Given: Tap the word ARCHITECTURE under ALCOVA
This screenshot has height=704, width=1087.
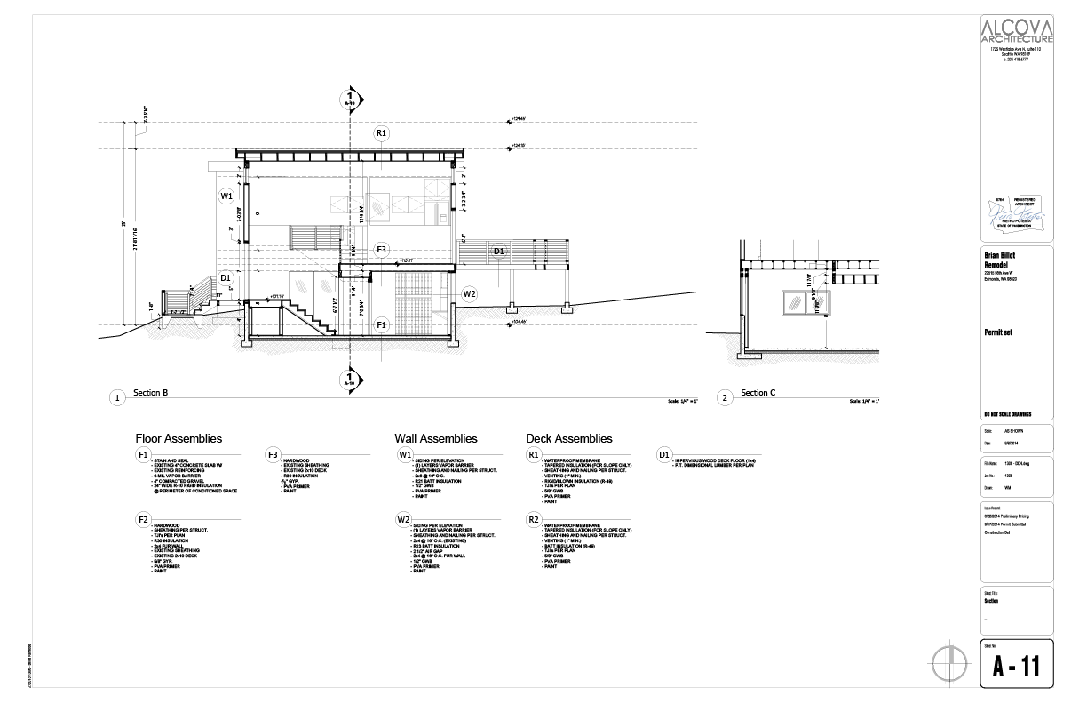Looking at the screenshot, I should [1017, 39].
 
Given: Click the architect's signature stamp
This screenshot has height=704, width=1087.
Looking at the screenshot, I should [1016, 213].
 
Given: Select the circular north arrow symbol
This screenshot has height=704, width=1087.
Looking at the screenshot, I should [948, 663].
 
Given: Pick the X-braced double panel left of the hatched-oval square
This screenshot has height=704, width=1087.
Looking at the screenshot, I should [347, 205].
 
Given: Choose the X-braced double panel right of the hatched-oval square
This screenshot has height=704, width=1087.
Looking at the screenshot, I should [408, 205].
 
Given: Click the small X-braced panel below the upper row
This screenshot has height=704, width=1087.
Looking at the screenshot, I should [342, 237].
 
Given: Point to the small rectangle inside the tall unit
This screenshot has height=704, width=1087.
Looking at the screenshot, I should [443, 217].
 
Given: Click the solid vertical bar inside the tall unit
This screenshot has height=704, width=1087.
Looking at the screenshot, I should [427, 213].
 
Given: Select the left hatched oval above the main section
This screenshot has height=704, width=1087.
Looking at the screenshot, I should [300, 285].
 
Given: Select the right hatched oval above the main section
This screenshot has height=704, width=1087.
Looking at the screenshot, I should [325, 286].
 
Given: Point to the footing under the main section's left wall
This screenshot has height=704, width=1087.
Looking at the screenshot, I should [242, 343].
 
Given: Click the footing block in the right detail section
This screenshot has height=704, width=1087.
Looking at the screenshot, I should [750, 356].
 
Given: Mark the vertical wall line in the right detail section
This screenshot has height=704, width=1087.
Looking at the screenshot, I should [742, 333].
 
